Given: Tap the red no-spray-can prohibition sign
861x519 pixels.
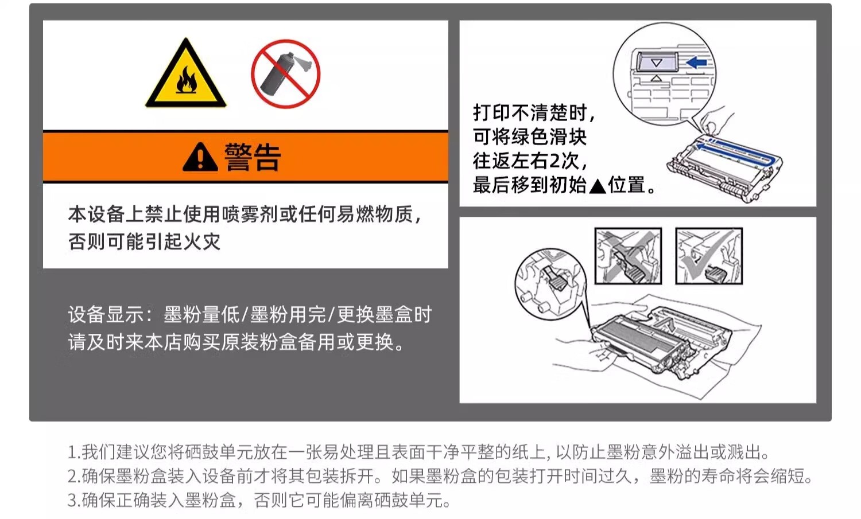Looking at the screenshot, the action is [x=286, y=73].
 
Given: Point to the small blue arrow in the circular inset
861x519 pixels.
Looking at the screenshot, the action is [x=696, y=63].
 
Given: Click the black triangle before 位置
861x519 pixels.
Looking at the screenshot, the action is [x=598, y=186].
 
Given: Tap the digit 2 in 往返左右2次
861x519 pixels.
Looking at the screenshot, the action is [x=554, y=161].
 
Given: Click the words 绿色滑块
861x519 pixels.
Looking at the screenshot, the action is [x=549, y=136].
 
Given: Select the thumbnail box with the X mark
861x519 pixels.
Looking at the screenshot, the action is [x=628, y=256].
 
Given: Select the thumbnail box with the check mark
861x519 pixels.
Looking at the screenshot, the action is [x=709, y=256].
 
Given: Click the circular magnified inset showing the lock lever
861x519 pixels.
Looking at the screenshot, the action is [x=550, y=284].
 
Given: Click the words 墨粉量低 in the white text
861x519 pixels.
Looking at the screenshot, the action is [x=201, y=315].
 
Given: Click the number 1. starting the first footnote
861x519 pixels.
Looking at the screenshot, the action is [x=74, y=452].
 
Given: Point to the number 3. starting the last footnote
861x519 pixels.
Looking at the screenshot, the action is [x=74, y=500].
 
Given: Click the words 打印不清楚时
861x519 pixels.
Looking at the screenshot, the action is [x=530, y=112].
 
